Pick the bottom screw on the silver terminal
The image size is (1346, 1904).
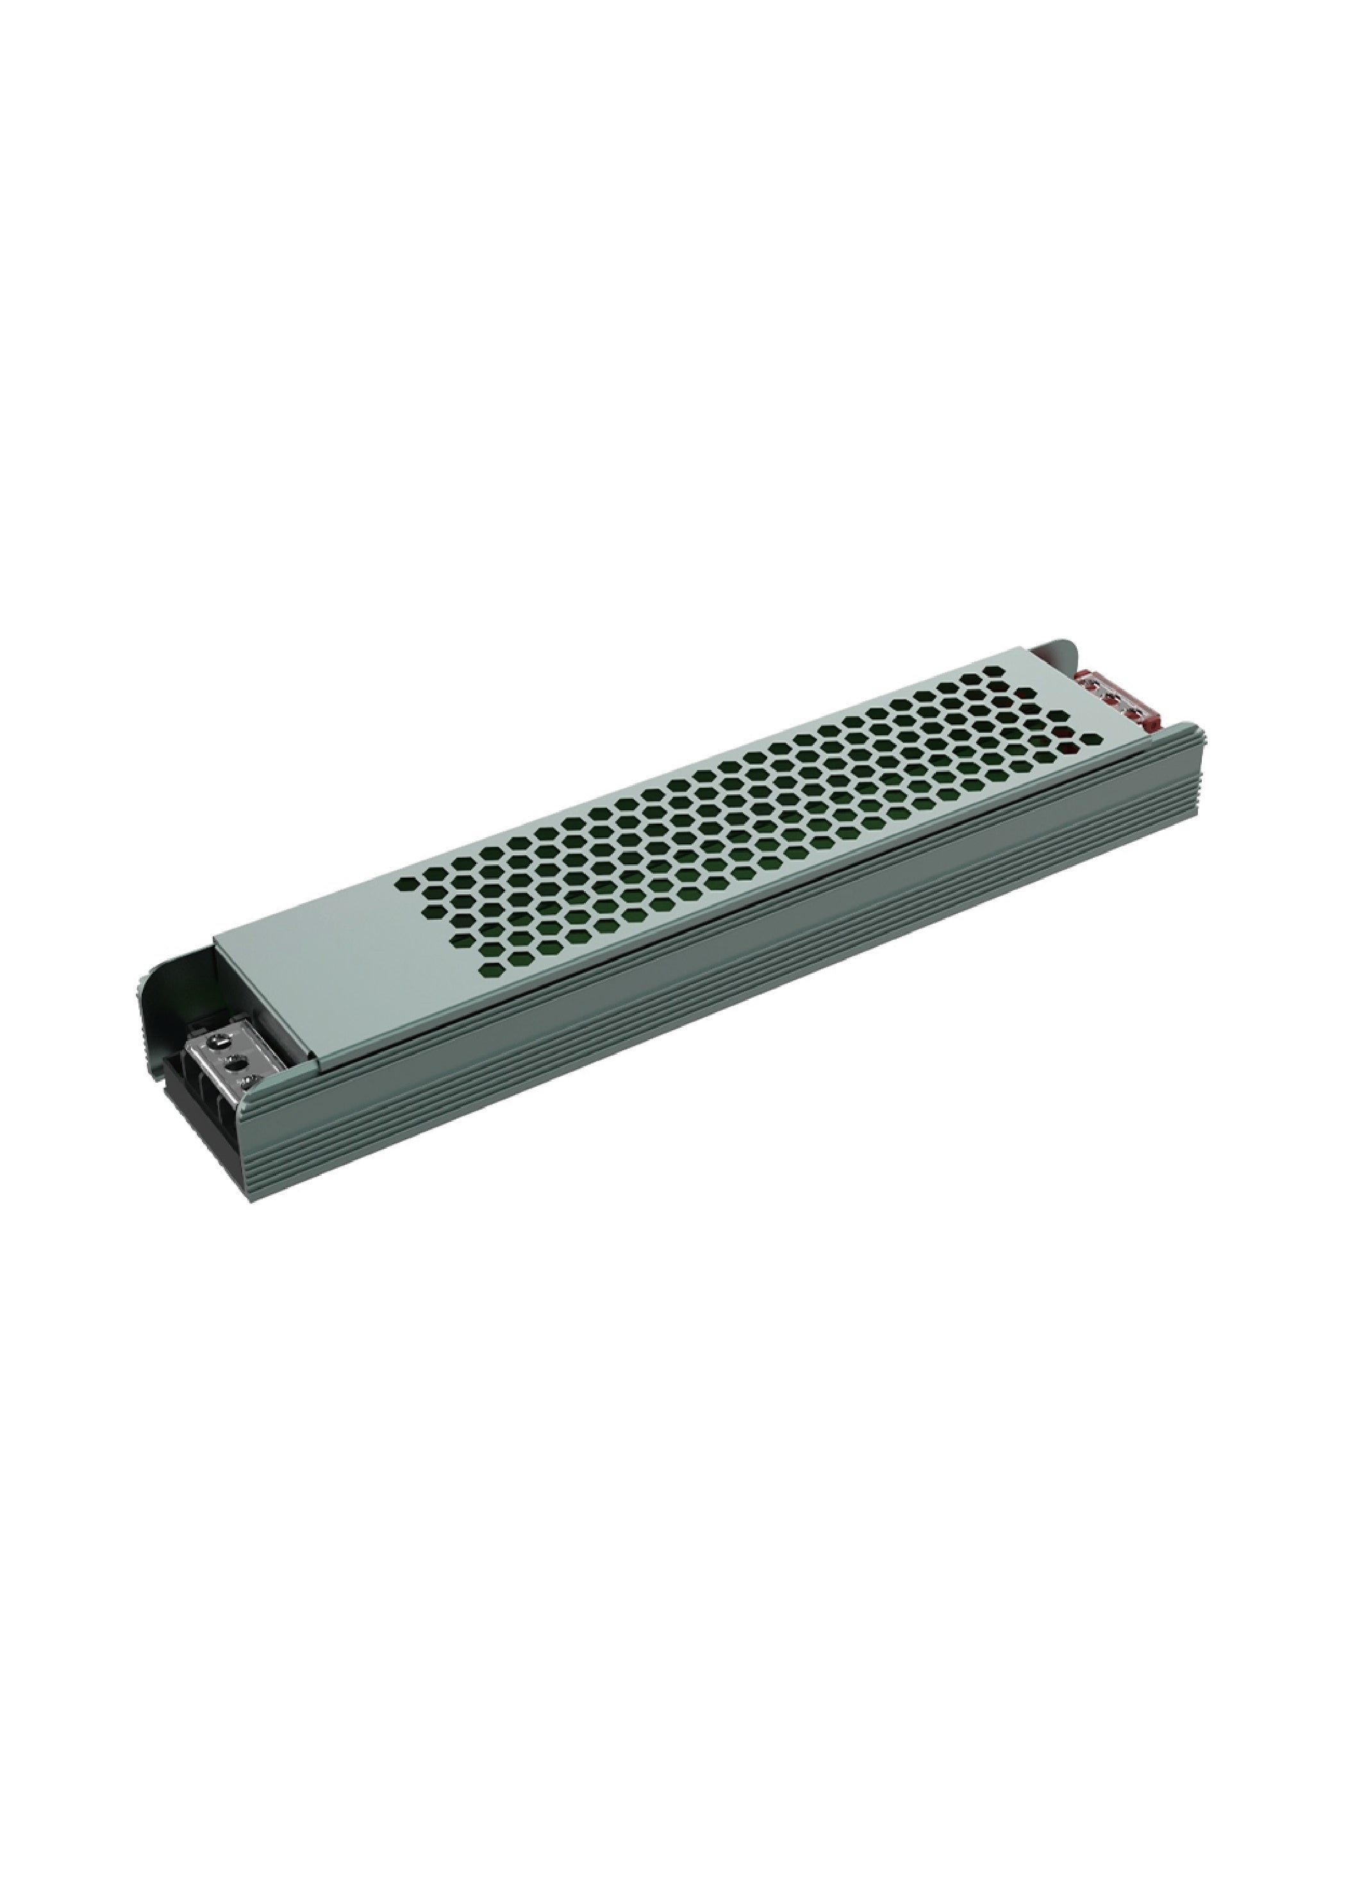pyautogui.click(x=249, y=1079)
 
